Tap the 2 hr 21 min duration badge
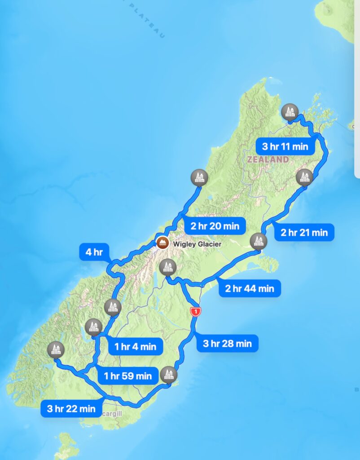[304, 232]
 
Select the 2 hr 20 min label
[215, 226]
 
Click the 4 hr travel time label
[94, 252]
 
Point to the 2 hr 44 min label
[250, 288]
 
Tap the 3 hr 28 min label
[227, 344]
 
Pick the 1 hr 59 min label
[127, 376]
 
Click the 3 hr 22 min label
[71, 408]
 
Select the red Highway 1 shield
[195, 311]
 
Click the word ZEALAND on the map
[268, 159]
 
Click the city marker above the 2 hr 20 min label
[199, 177]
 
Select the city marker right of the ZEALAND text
[304, 177]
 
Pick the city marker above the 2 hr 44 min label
[258, 241]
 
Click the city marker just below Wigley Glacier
[167, 268]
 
